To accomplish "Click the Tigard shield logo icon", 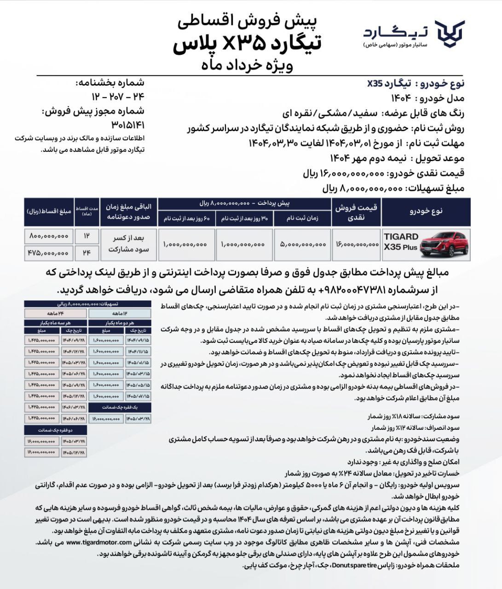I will point(450,34).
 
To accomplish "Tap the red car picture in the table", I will point(444,244).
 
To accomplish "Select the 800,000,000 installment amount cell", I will point(48,236).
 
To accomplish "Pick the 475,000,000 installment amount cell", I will point(48,253).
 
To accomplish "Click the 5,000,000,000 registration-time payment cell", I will point(302,244).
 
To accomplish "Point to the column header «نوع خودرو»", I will point(426,211).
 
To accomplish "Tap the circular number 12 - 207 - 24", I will point(118,97).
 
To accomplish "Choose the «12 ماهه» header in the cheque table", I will point(120,313).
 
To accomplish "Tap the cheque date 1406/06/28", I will point(74,418).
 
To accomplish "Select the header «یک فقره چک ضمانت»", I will point(120,407).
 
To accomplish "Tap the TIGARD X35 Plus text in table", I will point(401,242).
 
